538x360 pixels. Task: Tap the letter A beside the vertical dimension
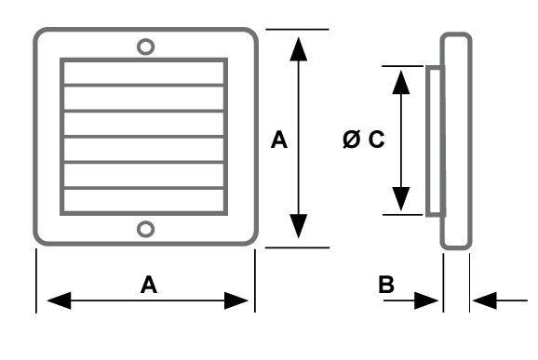coord(279,140)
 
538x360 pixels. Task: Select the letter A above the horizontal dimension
coord(149,285)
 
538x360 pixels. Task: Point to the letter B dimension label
coord(386,285)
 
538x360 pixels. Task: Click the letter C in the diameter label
coord(377,140)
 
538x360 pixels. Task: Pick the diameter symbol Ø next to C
coord(352,140)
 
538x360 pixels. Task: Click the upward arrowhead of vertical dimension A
coord(298,49)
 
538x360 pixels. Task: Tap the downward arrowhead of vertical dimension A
coord(298,226)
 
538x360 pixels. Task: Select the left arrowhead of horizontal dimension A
coord(59,300)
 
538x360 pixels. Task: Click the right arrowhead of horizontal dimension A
coord(236,300)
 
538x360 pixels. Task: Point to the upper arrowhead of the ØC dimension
coord(401,82)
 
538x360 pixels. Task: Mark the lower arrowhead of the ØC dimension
coord(401,199)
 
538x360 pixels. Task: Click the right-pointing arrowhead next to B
coord(426,300)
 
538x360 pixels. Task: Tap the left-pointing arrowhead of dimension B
coord(484,300)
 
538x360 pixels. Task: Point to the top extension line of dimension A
coord(297,30)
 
